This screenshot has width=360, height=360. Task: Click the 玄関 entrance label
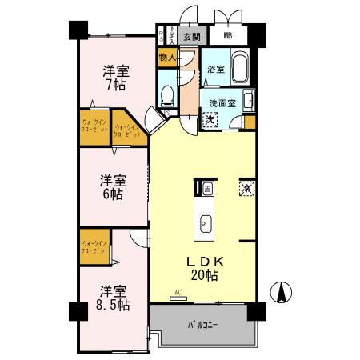(190, 37)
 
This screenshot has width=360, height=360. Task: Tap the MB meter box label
(228, 37)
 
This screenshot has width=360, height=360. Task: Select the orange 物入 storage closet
(167, 58)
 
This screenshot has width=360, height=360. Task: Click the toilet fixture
(167, 97)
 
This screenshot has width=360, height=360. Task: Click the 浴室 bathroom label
(215, 70)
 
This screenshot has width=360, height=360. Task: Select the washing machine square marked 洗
(209, 120)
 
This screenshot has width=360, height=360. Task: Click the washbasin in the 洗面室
(248, 100)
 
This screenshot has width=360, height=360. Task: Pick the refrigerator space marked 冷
(246, 189)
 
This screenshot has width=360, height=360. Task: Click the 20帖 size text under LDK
(206, 276)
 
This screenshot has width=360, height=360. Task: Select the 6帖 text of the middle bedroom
(111, 194)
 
